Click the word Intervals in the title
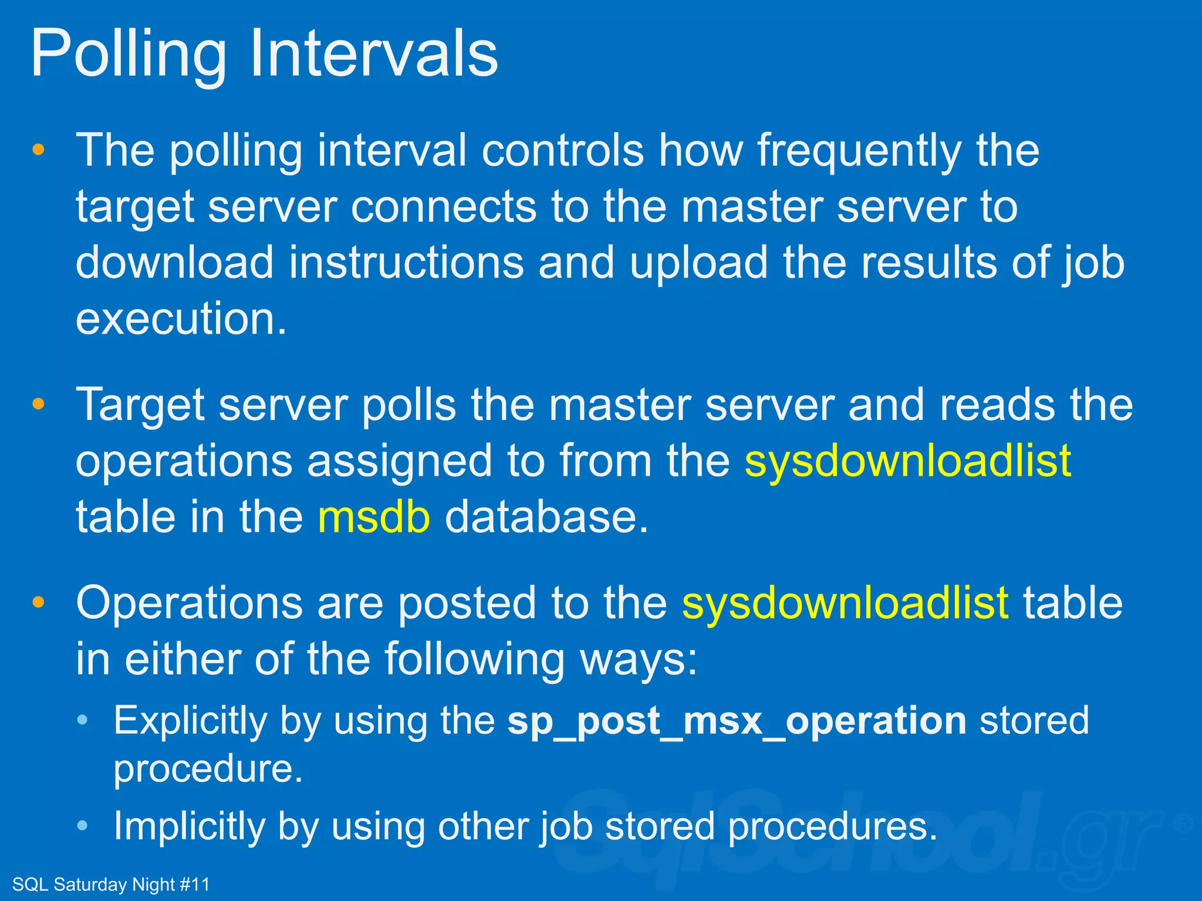coord(374,54)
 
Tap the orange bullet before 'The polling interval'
coord(39,150)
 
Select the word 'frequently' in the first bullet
coord(859,151)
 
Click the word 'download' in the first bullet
coord(175,262)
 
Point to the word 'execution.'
coord(181,319)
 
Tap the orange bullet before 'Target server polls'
coord(39,404)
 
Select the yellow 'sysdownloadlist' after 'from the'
coord(908,461)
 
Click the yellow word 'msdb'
coord(374,517)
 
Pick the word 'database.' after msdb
coord(546,517)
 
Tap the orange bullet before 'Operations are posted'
coord(39,602)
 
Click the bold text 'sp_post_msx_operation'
coord(737,720)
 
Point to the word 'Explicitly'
coord(190,720)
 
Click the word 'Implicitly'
coord(189,826)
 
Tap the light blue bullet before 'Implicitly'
coord(83,825)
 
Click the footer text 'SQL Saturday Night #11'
coord(111,884)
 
